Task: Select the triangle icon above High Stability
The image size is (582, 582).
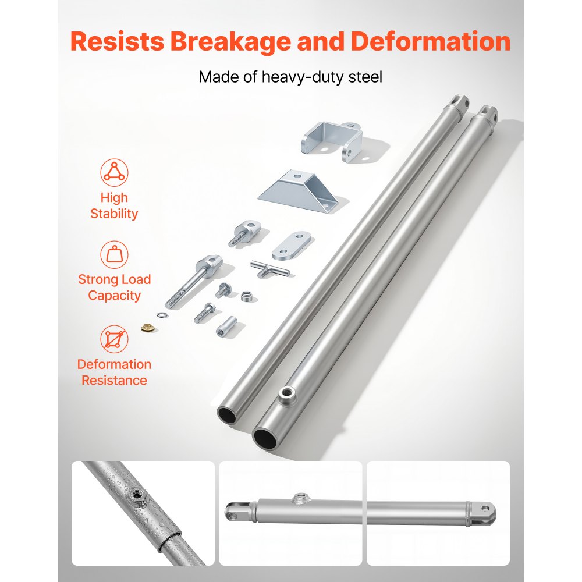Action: [x=114, y=173]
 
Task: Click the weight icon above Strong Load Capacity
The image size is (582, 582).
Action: [x=114, y=255]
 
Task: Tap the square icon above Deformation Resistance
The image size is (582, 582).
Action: [x=114, y=339]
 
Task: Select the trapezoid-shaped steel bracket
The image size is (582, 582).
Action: [x=299, y=191]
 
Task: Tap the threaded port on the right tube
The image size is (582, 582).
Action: [x=286, y=395]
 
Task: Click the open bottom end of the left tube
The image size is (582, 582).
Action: [x=227, y=415]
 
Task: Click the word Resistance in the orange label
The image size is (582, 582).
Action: [x=114, y=381]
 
